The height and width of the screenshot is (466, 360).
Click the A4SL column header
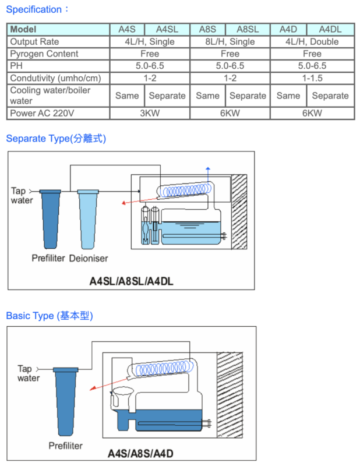coord(167,30)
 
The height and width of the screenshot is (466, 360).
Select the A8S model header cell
coord(207,30)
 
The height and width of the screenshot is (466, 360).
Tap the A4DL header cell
coord(330,30)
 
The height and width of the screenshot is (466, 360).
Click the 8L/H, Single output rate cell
coord(230,41)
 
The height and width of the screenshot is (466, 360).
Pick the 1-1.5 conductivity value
coord(312,78)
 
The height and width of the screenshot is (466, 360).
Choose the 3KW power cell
coord(150,113)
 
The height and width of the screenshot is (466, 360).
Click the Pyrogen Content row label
coord(44,54)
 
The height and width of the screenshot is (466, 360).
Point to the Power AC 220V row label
coord(42,113)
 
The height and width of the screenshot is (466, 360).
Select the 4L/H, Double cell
coord(312,41)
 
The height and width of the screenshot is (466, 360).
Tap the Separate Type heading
coord(56,139)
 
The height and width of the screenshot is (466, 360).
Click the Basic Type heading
coord(50,316)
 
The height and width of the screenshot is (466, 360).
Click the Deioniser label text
coord(89,258)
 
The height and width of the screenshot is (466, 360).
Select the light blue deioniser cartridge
coord(88,220)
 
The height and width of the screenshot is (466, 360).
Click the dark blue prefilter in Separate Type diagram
coord(50,220)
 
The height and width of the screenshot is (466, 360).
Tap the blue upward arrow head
coord(208,169)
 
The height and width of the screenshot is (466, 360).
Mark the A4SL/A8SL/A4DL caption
coord(131,281)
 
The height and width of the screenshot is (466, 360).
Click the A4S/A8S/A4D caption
coord(140,454)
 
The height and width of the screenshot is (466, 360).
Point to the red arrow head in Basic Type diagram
coord(93,388)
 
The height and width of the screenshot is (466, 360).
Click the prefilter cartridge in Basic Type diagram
coord(66,402)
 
